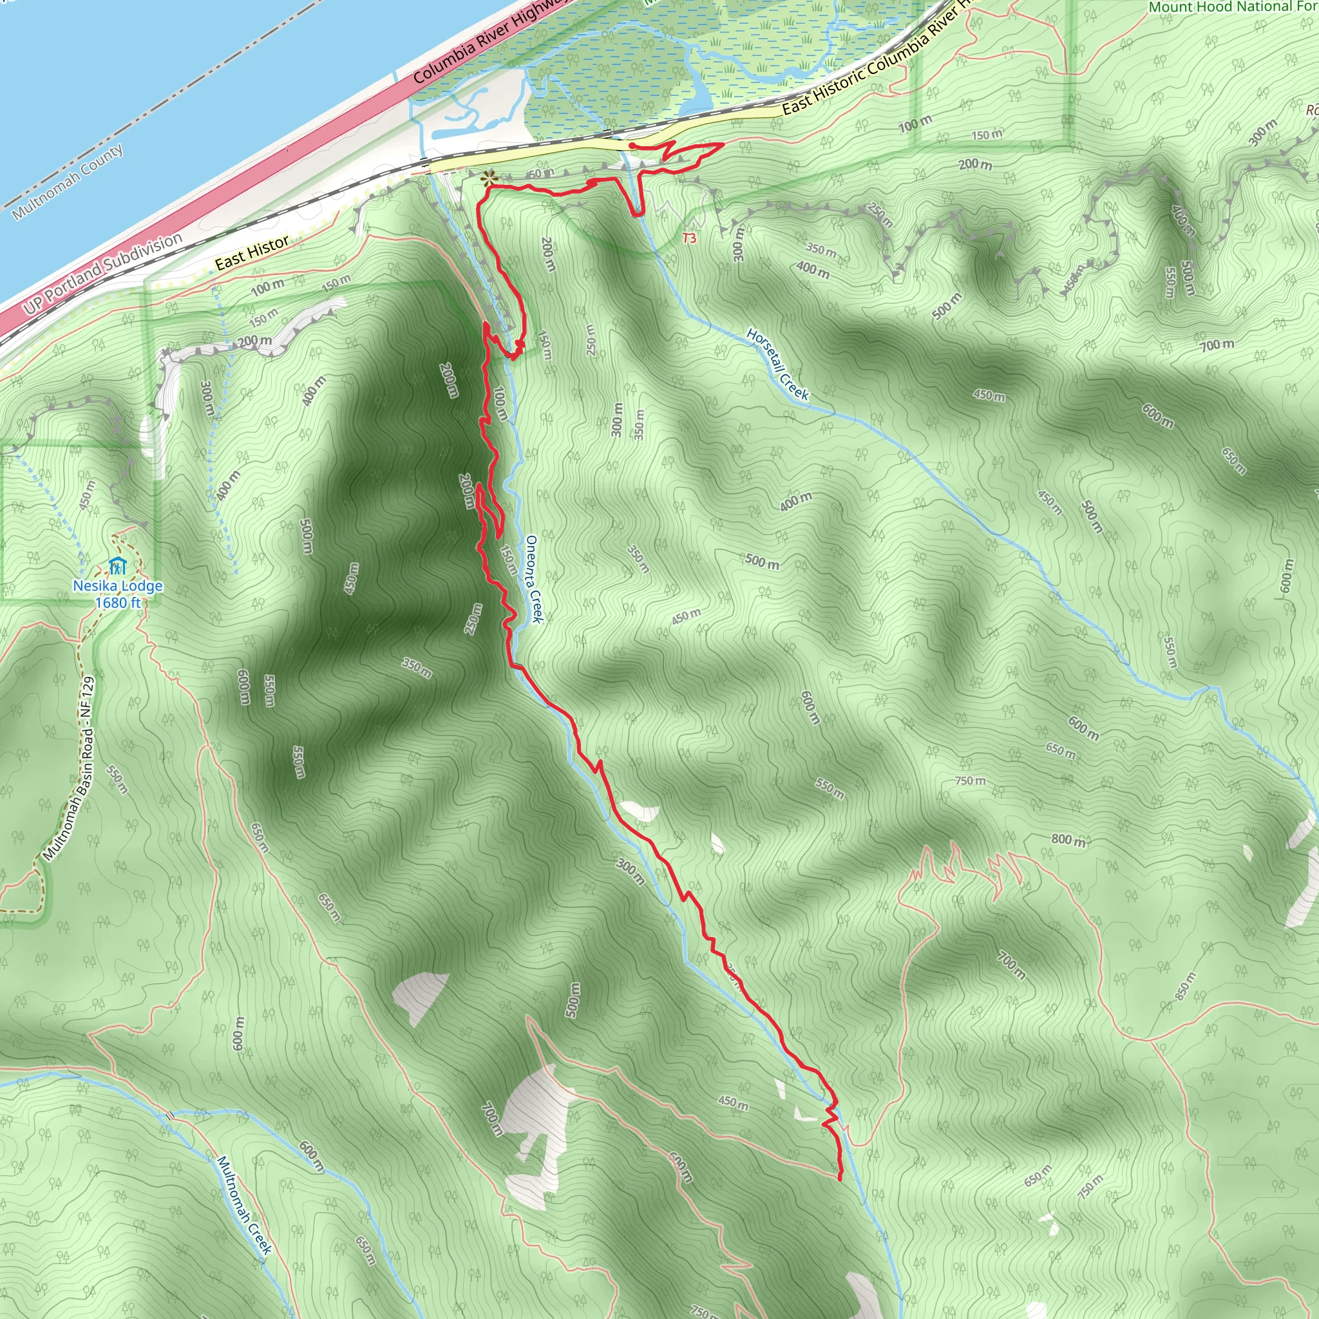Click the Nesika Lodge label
click(117, 586)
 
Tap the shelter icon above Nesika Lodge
click(117, 566)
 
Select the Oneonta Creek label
click(533, 579)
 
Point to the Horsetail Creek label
click(777, 364)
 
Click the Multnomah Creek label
click(243, 1204)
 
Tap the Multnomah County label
click(68, 182)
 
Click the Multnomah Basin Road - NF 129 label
click(68, 768)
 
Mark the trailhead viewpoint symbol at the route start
click(488, 179)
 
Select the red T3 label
click(690, 238)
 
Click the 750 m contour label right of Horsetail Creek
click(970, 781)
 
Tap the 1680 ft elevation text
click(117, 603)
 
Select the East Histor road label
click(252, 252)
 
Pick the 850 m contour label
click(1186, 987)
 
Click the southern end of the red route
click(839, 1179)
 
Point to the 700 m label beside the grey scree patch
click(491, 1119)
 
